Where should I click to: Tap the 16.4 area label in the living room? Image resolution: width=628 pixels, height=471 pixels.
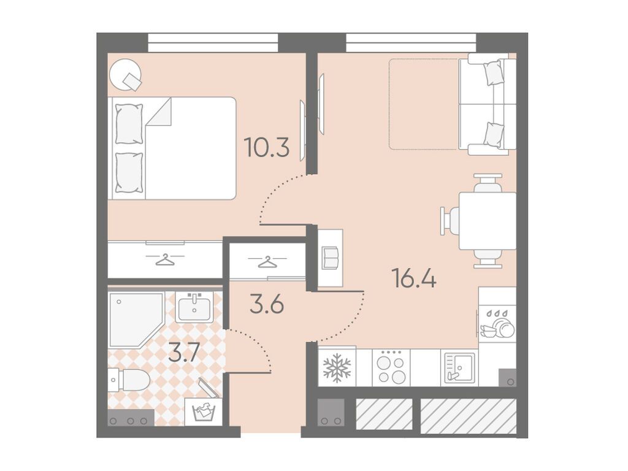(x=415, y=278)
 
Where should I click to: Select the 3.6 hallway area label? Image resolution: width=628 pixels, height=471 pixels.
(x=267, y=304)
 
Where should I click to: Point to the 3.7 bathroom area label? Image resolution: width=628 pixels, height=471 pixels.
(x=184, y=353)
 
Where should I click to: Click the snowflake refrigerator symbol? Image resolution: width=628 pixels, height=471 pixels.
(x=337, y=367)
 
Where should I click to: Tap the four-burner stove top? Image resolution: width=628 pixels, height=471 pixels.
(x=391, y=367)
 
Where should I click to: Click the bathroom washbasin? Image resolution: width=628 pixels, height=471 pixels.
(x=194, y=307)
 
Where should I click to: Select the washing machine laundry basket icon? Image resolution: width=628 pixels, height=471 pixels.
(x=204, y=410)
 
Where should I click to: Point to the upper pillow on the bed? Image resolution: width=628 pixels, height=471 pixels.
(x=129, y=124)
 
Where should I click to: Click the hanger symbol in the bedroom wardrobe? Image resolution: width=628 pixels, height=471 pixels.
(x=165, y=260)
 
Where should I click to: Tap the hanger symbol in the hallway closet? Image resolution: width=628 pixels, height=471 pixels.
(x=267, y=262)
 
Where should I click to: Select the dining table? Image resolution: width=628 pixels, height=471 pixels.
(x=488, y=221)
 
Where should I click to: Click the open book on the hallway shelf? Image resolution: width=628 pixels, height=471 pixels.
(x=331, y=258)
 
